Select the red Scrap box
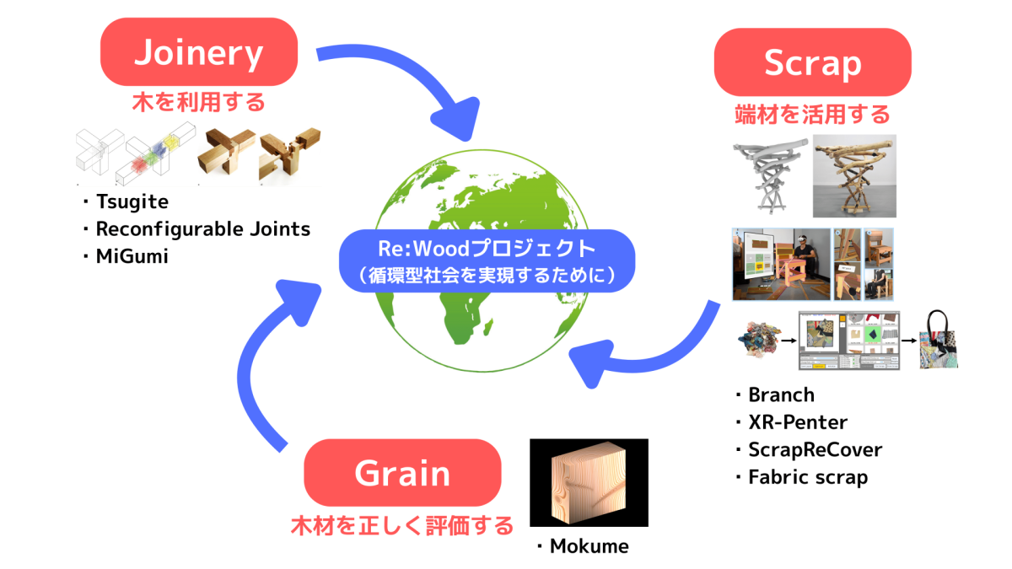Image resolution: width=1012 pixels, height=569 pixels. pyautogui.click(x=812, y=63)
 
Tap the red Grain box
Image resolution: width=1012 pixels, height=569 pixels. pyautogui.click(x=402, y=473)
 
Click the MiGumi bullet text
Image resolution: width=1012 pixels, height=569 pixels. pyautogui.click(x=132, y=256)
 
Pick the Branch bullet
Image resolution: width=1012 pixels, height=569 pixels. pyautogui.click(x=780, y=395)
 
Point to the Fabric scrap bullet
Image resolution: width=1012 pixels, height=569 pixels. pyautogui.click(x=807, y=477)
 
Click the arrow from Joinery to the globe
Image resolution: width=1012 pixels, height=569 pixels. pyautogui.click(x=405, y=80)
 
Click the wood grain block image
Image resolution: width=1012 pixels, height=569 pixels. pyautogui.click(x=589, y=482)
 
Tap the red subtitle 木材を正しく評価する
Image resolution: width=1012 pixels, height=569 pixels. pyautogui.click(x=402, y=527)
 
